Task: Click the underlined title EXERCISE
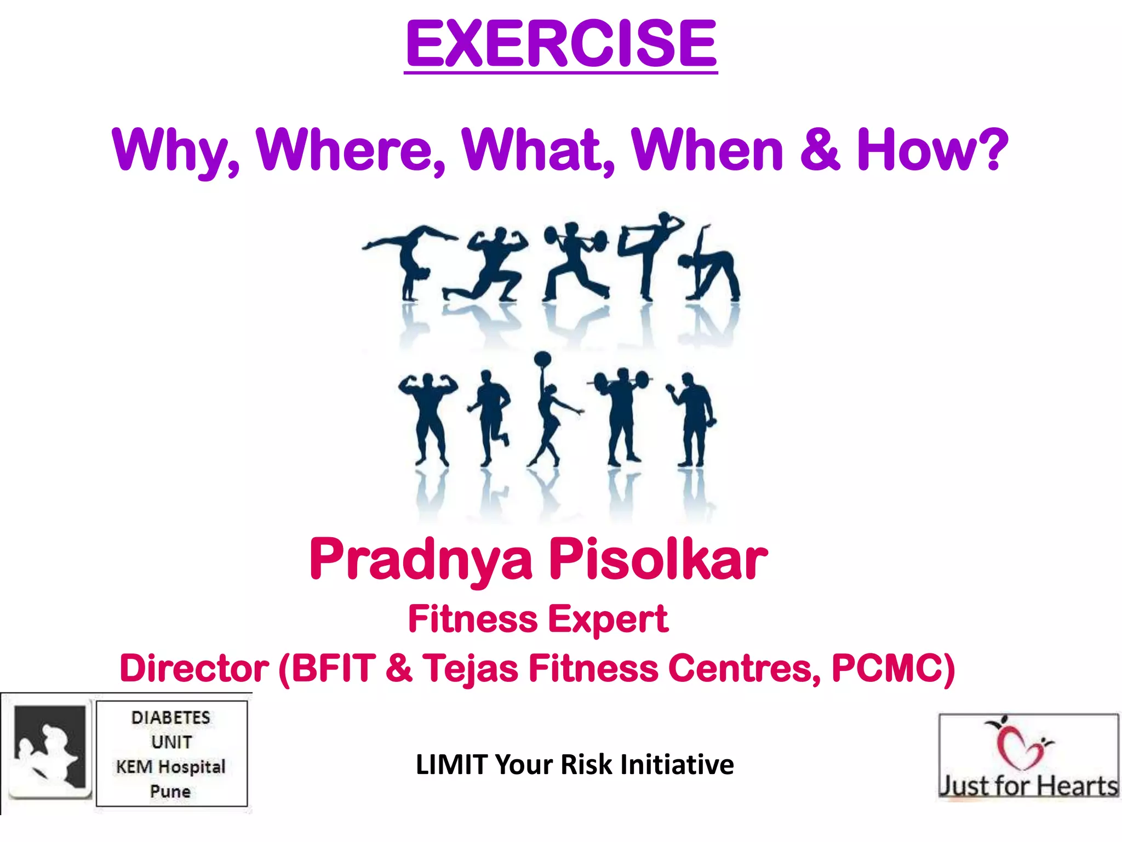point(560,44)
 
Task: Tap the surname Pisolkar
point(657,559)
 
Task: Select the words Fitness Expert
point(538,619)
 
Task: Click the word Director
point(194,669)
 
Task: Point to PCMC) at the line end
point(893,669)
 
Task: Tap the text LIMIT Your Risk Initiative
point(574,764)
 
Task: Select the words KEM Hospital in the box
point(171,766)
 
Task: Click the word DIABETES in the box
point(171,718)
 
